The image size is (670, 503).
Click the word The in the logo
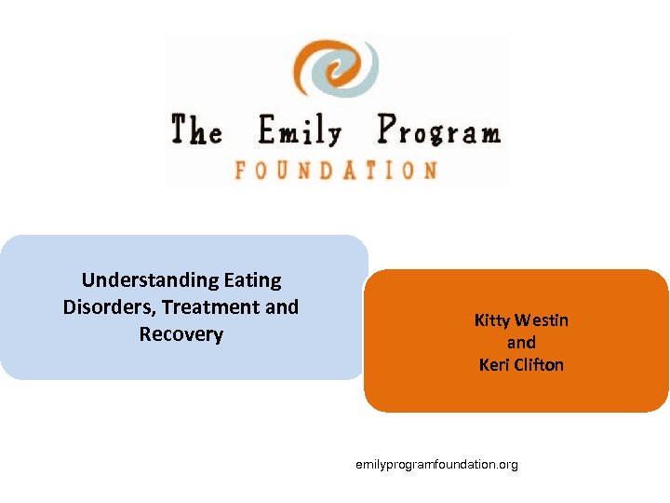[196, 129]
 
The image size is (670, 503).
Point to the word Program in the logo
[438, 131]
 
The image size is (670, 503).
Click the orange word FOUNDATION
[336, 170]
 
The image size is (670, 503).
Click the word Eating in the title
[253, 279]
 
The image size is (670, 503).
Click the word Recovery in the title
[181, 333]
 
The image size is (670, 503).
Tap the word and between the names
[521, 343]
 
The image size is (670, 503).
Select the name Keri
[494, 364]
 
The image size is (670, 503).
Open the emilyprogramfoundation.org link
[436, 464]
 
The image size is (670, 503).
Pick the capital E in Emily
[270, 131]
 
